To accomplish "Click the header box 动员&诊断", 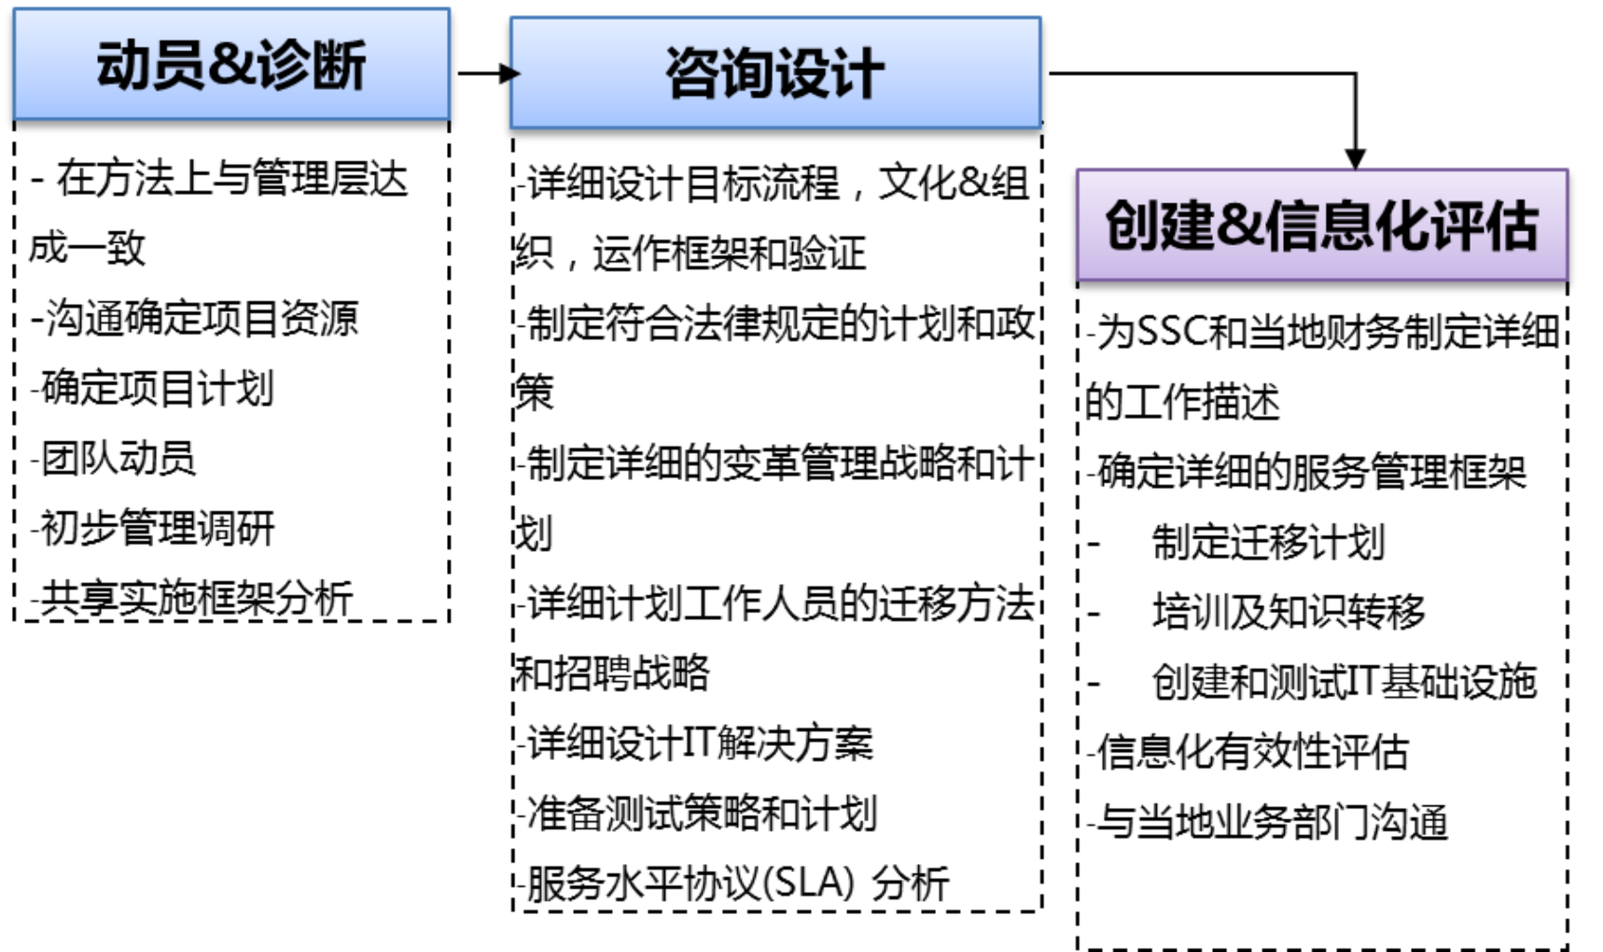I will point(231,65).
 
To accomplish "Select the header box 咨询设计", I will point(774,73).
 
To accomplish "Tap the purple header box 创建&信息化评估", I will point(1321,226).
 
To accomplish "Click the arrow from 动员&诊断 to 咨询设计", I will point(486,73).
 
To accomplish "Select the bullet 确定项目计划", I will point(154,388).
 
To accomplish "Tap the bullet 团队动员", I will point(115,458).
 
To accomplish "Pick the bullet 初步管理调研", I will point(154,528).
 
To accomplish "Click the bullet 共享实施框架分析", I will point(193,598).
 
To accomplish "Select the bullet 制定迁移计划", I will point(1267,542).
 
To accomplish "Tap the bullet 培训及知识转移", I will point(1288,612).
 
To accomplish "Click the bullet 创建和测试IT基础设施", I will point(1344,682).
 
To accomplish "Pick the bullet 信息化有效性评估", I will point(1250,752).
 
